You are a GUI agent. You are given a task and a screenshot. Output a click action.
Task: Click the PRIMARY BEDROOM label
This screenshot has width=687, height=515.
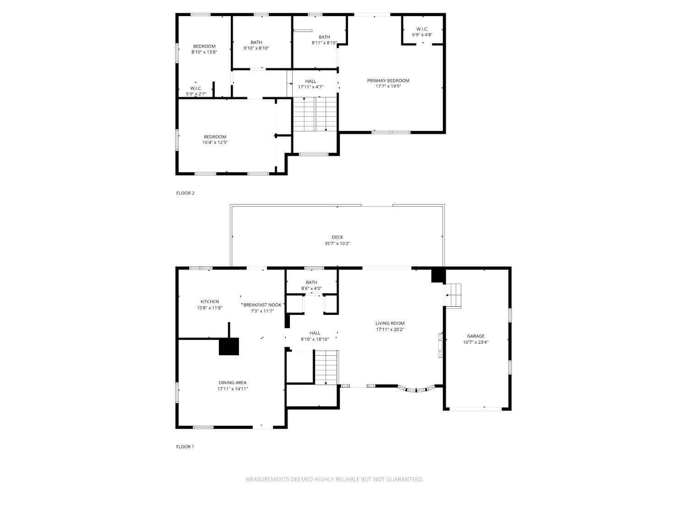[x=388, y=81]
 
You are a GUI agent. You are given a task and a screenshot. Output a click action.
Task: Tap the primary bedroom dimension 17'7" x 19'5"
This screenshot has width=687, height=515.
[x=388, y=86]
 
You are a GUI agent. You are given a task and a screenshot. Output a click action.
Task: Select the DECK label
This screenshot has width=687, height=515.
[x=337, y=237]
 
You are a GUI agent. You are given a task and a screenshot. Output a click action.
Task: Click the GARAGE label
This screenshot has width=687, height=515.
[x=475, y=336]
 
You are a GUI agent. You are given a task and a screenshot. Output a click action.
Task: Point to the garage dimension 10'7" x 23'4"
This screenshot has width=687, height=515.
[x=475, y=342]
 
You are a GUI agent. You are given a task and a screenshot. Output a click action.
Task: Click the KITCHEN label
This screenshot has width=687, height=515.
[x=209, y=302]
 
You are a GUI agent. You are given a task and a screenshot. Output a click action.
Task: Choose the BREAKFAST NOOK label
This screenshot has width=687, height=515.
[x=262, y=305]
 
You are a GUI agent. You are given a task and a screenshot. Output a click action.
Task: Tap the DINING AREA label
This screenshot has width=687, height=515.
[x=233, y=383]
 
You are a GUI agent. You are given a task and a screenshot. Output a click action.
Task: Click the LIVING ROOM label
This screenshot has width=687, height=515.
[x=390, y=323]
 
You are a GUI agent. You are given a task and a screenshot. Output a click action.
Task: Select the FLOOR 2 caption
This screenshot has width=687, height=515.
[x=185, y=193]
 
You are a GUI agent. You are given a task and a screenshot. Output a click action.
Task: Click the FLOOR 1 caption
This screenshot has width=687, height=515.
[x=185, y=447]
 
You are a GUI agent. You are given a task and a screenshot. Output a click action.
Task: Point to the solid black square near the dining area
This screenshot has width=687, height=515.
[x=229, y=347]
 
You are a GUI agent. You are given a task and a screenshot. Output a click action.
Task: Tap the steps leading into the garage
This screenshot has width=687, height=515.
[x=453, y=295]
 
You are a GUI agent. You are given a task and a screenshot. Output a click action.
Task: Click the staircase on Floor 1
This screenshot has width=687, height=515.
[x=326, y=367]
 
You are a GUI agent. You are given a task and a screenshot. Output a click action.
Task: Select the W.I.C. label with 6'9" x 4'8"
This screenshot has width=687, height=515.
[x=422, y=29]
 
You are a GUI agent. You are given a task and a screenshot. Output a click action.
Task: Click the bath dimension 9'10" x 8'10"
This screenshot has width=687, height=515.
[x=256, y=48]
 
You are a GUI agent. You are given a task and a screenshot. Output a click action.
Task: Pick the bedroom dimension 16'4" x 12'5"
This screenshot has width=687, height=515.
[x=215, y=142]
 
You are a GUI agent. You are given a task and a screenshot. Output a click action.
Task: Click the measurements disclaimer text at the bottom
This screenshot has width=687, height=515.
[x=334, y=479]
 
